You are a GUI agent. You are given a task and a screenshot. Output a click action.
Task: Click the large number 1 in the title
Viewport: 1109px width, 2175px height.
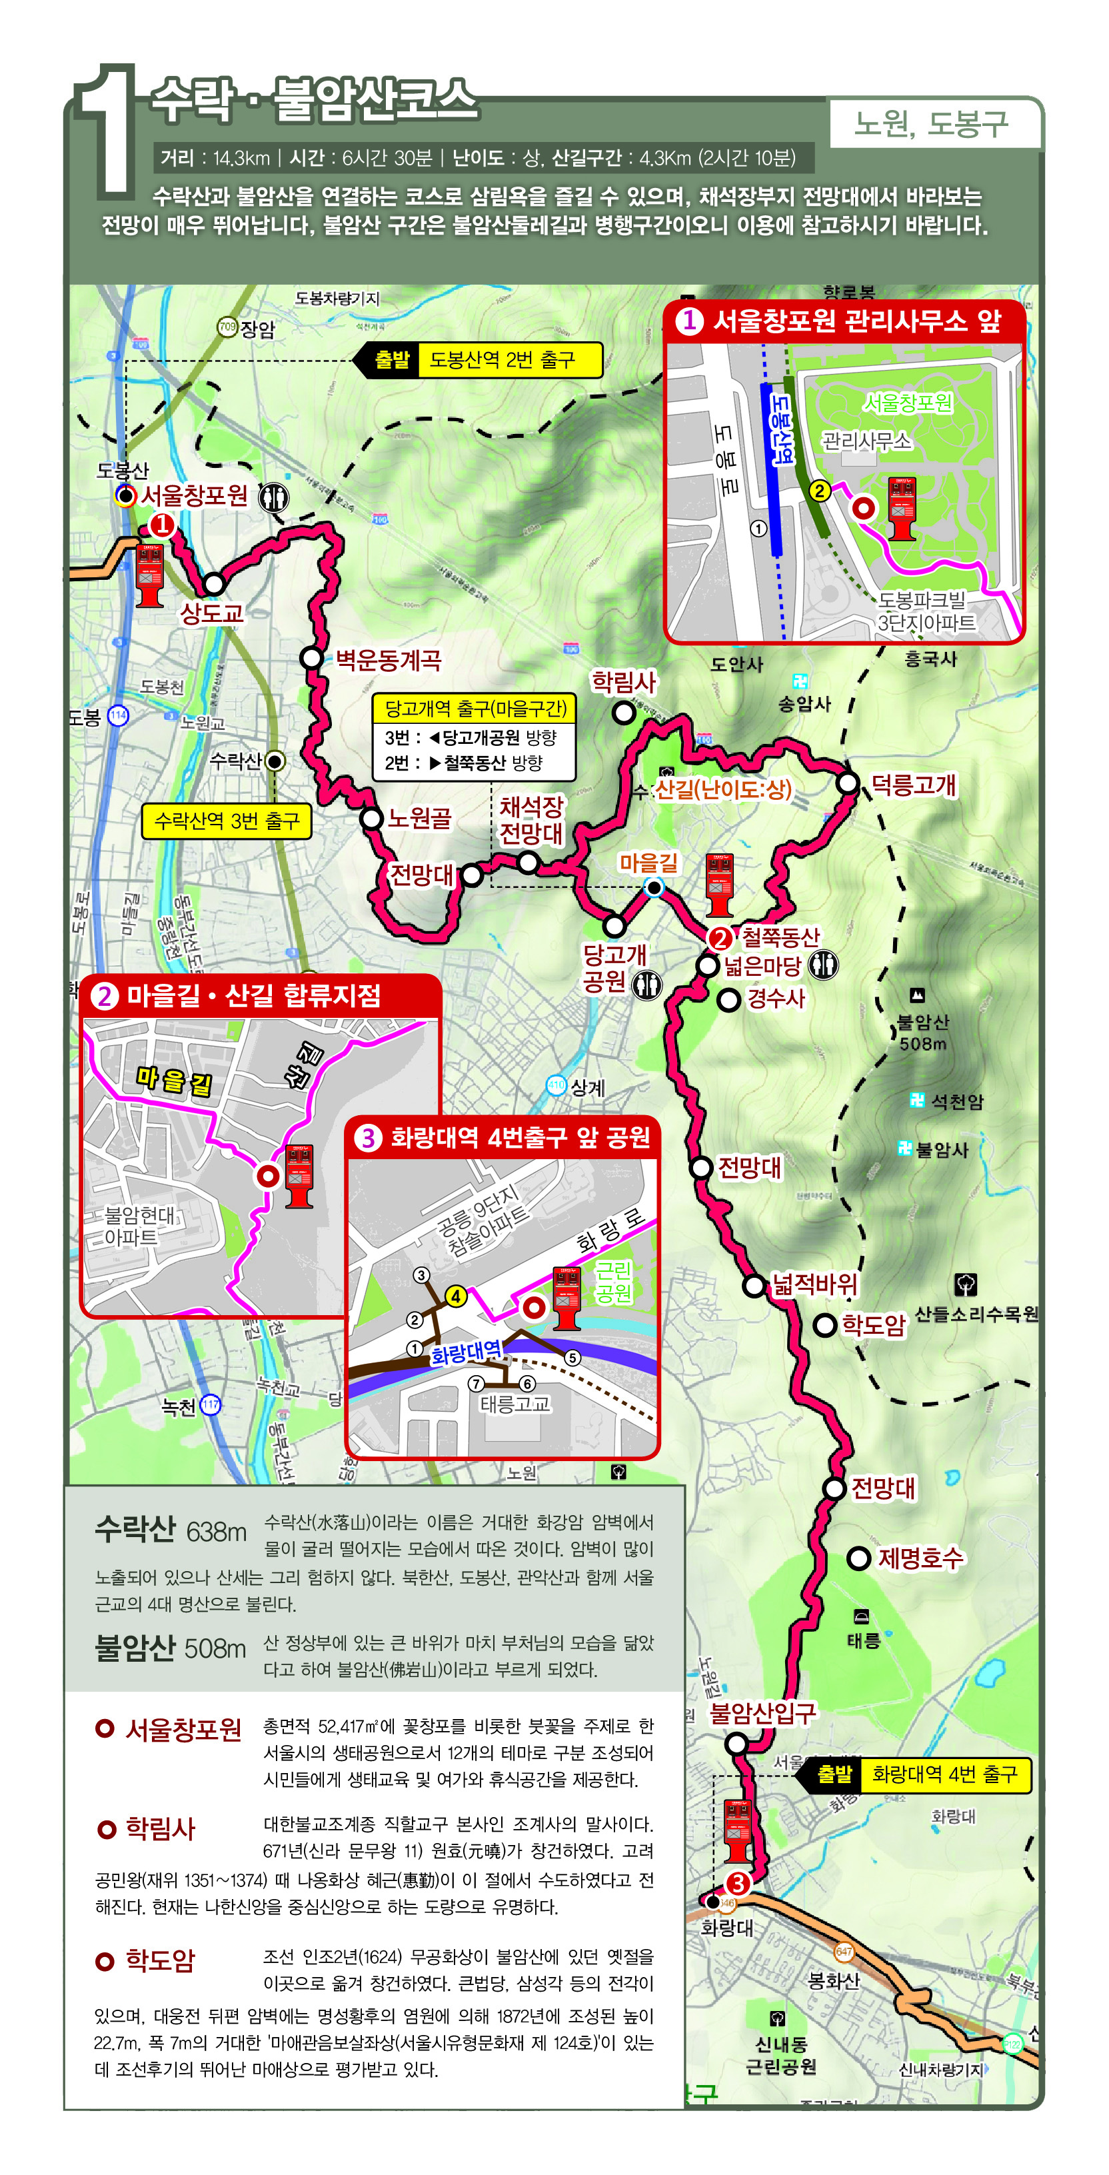point(107,131)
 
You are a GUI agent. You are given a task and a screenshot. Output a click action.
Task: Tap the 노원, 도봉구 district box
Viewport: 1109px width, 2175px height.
point(931,124)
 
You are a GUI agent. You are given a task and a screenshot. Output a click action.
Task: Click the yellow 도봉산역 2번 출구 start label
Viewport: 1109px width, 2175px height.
point(501,360)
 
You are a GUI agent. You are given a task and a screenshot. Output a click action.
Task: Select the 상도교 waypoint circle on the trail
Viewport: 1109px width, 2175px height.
point(213,583)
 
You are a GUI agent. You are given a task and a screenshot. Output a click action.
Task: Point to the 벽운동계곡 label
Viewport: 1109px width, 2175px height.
point(389,659)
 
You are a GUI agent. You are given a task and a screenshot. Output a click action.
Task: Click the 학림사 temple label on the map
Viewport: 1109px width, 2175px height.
point(623,681)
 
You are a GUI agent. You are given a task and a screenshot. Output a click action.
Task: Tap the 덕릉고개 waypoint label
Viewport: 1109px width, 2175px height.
point(913,785)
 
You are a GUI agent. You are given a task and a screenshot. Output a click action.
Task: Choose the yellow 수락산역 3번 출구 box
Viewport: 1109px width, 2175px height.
point(226,821)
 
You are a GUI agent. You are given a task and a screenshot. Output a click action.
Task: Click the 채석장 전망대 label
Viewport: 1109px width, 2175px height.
point(531,820)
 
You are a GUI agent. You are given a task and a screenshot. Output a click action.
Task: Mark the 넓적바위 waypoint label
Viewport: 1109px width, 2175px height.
point(814,1285)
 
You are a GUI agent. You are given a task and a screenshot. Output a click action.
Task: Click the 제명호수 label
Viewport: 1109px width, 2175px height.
point(920,1558)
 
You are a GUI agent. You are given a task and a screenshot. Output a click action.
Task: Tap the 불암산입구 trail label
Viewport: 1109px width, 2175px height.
point(763,1713)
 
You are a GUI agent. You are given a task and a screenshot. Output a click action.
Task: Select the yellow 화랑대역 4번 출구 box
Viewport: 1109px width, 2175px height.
point(944,1774)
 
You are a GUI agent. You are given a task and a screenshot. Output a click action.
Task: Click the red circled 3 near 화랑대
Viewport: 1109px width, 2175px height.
point(738,1884)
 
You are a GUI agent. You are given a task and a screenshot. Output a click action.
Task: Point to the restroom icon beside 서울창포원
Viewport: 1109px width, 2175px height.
point(273,497)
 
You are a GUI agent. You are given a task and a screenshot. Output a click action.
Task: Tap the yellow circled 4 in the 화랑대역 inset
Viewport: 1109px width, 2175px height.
point(456,1296)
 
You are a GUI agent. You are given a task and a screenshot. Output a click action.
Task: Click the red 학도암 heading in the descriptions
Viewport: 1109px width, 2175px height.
point(159,1960)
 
